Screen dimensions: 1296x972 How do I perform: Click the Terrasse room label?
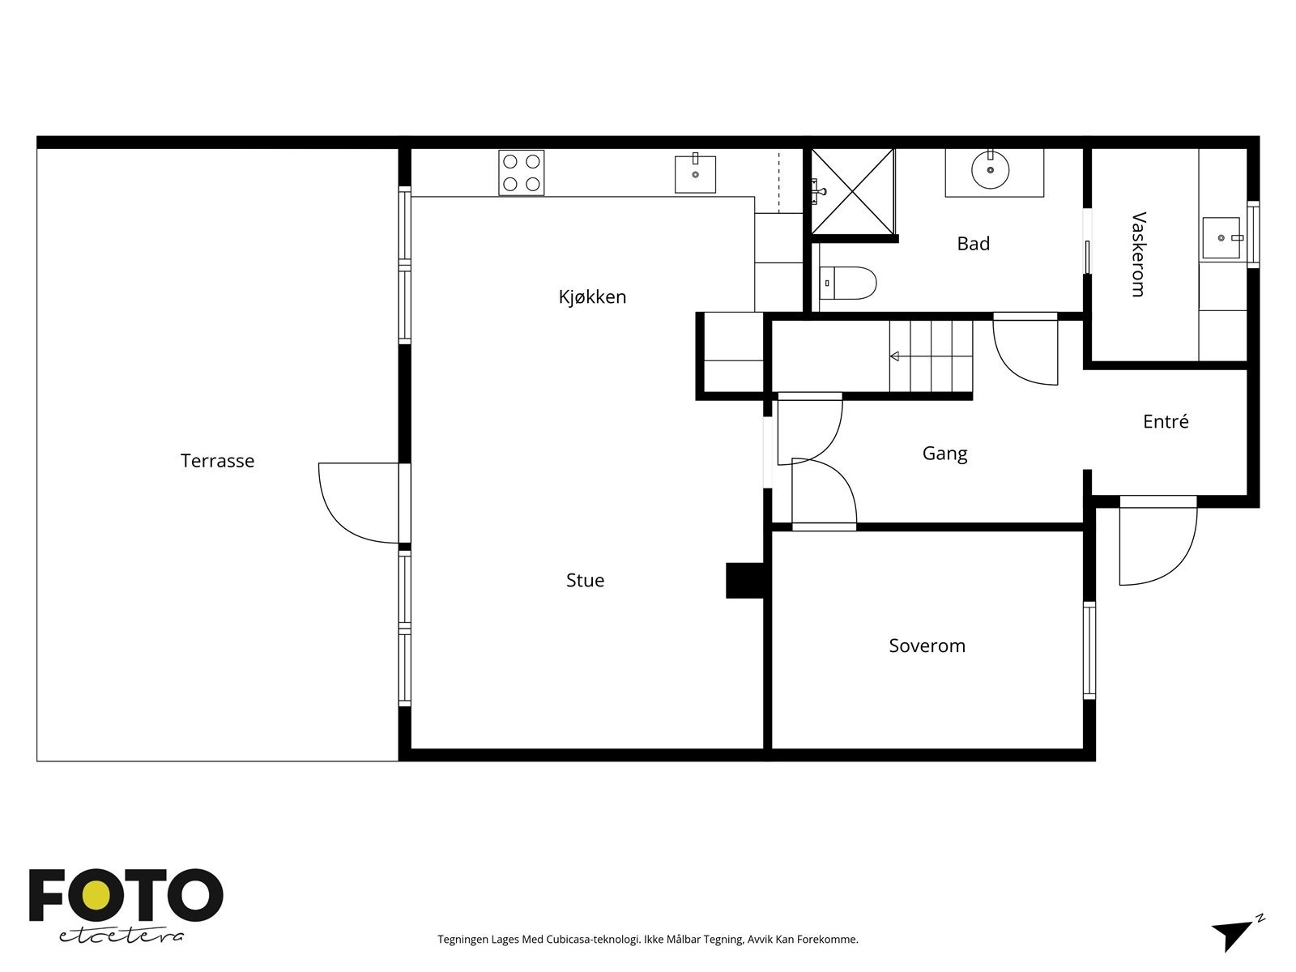(x=217, y=460)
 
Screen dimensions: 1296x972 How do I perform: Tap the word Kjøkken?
(x=592, y=296)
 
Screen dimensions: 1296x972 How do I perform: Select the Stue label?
(x=585, y=580)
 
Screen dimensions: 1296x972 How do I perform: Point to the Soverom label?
(x=927, y=646)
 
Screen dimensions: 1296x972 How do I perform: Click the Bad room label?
(x=973, y=243)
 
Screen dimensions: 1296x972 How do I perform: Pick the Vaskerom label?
(x=1139, y=254)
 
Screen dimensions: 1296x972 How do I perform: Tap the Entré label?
(x=1166, y=420)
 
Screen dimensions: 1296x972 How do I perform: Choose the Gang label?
(x=944, y=454)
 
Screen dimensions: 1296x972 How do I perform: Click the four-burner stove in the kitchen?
(x=522, y=173)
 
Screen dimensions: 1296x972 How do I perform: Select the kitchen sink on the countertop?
(x=696, y=174)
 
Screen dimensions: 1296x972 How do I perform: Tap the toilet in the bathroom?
(x=848, y=283)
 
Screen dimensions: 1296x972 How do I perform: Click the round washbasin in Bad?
(x=990, y=170)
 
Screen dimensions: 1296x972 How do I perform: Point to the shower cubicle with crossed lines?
(x=853, y=191)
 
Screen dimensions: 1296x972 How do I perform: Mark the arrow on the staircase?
(x=894, y=356)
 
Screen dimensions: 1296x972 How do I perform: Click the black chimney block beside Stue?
(x=745, y=581)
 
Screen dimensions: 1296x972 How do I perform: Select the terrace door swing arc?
(x=343, y=518)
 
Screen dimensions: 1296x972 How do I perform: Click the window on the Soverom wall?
(x=1089, y=650)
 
